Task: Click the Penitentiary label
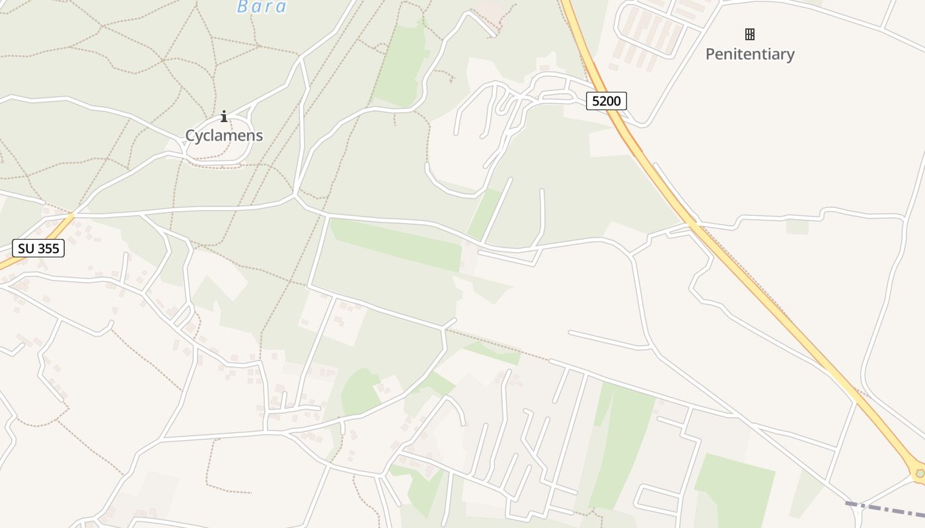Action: [x=750, y=54]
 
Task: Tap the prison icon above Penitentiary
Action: [x=750, y=34]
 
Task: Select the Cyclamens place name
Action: [x=224, y=136]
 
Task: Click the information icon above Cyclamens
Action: [x=224, y=117]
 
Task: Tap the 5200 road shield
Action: [x=606, y=101]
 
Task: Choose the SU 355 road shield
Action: [x=38, y=249]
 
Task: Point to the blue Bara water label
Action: [x=262, y=7]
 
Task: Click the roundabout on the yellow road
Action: [x=919, y=473]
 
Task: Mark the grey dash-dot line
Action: [x=885, y=510]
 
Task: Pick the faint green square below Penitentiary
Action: [x=797, y=226]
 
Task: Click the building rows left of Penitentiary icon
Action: [x=647, y=33]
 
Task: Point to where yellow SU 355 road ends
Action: [x=71, y=215]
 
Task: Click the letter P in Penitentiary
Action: [x=710, y=54]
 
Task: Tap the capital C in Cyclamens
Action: [x=190, y=136]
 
